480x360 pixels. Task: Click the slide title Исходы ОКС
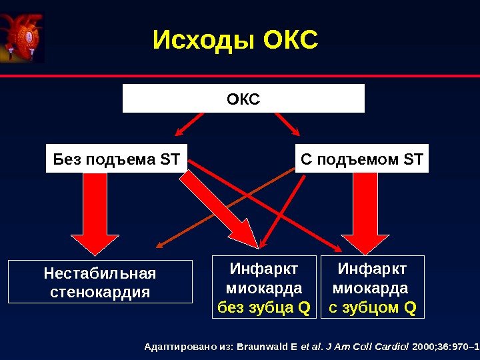tap(235, 41)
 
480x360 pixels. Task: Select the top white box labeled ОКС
tap(243, 99)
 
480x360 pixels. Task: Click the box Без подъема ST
tap(117, 159)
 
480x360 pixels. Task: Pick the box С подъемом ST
tap(362, 159)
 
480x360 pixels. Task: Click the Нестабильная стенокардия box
tap(100, 283)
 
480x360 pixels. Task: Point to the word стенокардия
tap(100, 293)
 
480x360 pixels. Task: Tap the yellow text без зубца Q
tap(265, 307)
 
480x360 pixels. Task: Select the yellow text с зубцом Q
tap(373, 307)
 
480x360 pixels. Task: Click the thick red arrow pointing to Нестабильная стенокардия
tap(95, 213)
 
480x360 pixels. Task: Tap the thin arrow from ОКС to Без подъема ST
tap(195, 126)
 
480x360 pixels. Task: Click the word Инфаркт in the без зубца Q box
tap(264, 269)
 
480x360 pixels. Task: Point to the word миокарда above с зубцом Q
tap(371, 289)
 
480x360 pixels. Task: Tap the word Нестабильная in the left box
tap(100, 273)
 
